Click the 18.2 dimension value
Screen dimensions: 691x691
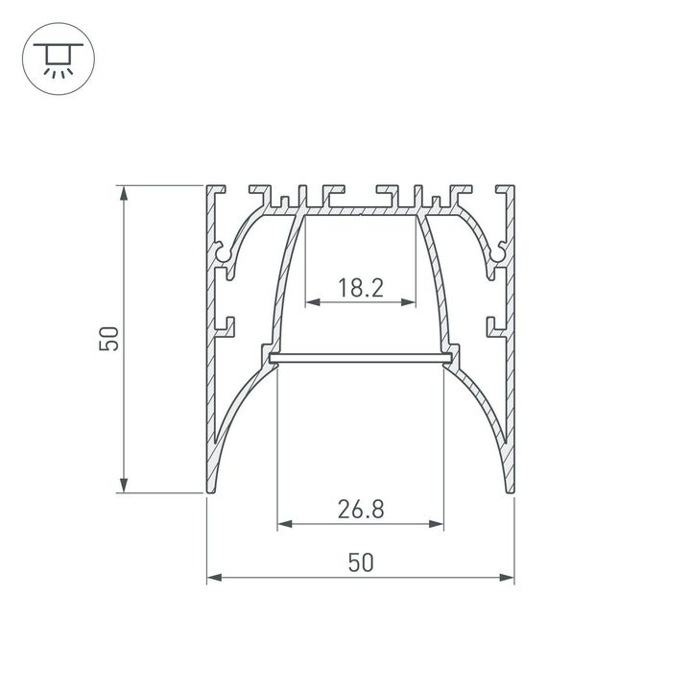(361, 287)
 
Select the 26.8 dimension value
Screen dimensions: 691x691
(361, 509)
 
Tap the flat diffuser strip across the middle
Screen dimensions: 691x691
(361, 359)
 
